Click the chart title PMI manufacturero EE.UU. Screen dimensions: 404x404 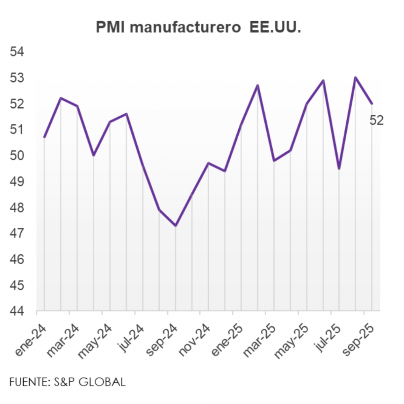coord(198,27)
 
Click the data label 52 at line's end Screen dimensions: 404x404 coord(376,120)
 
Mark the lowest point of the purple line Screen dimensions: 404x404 coord(176,226)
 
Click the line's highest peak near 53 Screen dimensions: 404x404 coord(355,77)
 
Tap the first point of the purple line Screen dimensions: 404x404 coord(44,137)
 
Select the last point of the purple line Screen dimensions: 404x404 coord(372,104)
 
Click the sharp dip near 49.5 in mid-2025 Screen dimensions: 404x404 coord(339,168)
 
